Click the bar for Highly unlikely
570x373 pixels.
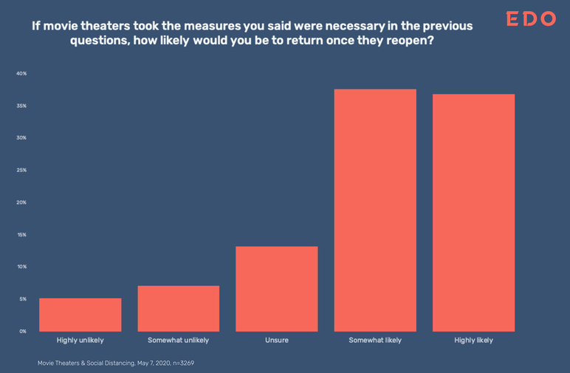point(80,315)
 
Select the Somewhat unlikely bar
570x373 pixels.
point(178,308)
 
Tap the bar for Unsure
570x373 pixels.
point(277,289)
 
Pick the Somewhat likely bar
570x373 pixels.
point(375,211)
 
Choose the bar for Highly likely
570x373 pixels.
point(473,213)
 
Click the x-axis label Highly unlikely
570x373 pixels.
point(80,341)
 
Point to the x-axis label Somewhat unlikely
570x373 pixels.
point(178,341)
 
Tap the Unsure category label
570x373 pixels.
point(277,341)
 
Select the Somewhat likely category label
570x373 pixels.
point(375,341)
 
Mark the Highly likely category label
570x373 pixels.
point(473,341)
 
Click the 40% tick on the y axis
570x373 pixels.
point(21,74)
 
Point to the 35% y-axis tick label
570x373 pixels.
point(21,106)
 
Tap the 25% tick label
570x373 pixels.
point(21,171)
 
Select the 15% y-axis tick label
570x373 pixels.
point(21,235)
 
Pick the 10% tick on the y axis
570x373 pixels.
point(21,267)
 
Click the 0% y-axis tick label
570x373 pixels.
point(22,332)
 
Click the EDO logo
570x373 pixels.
point(530,19)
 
